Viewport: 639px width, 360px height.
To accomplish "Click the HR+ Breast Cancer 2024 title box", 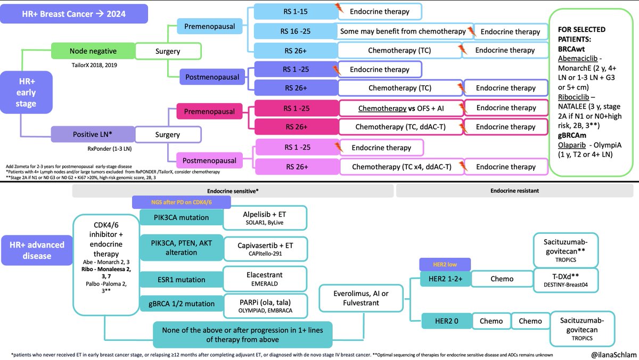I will click(x=75, y=14).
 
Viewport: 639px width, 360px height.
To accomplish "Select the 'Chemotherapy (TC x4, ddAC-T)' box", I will click(x=402, y=167).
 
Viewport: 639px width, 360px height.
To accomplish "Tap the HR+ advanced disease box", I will click(x=36, y=250).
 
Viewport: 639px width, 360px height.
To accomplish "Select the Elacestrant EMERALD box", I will click(x=265, y=279).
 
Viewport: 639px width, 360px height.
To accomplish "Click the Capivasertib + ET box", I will click(x=265, y=248).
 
